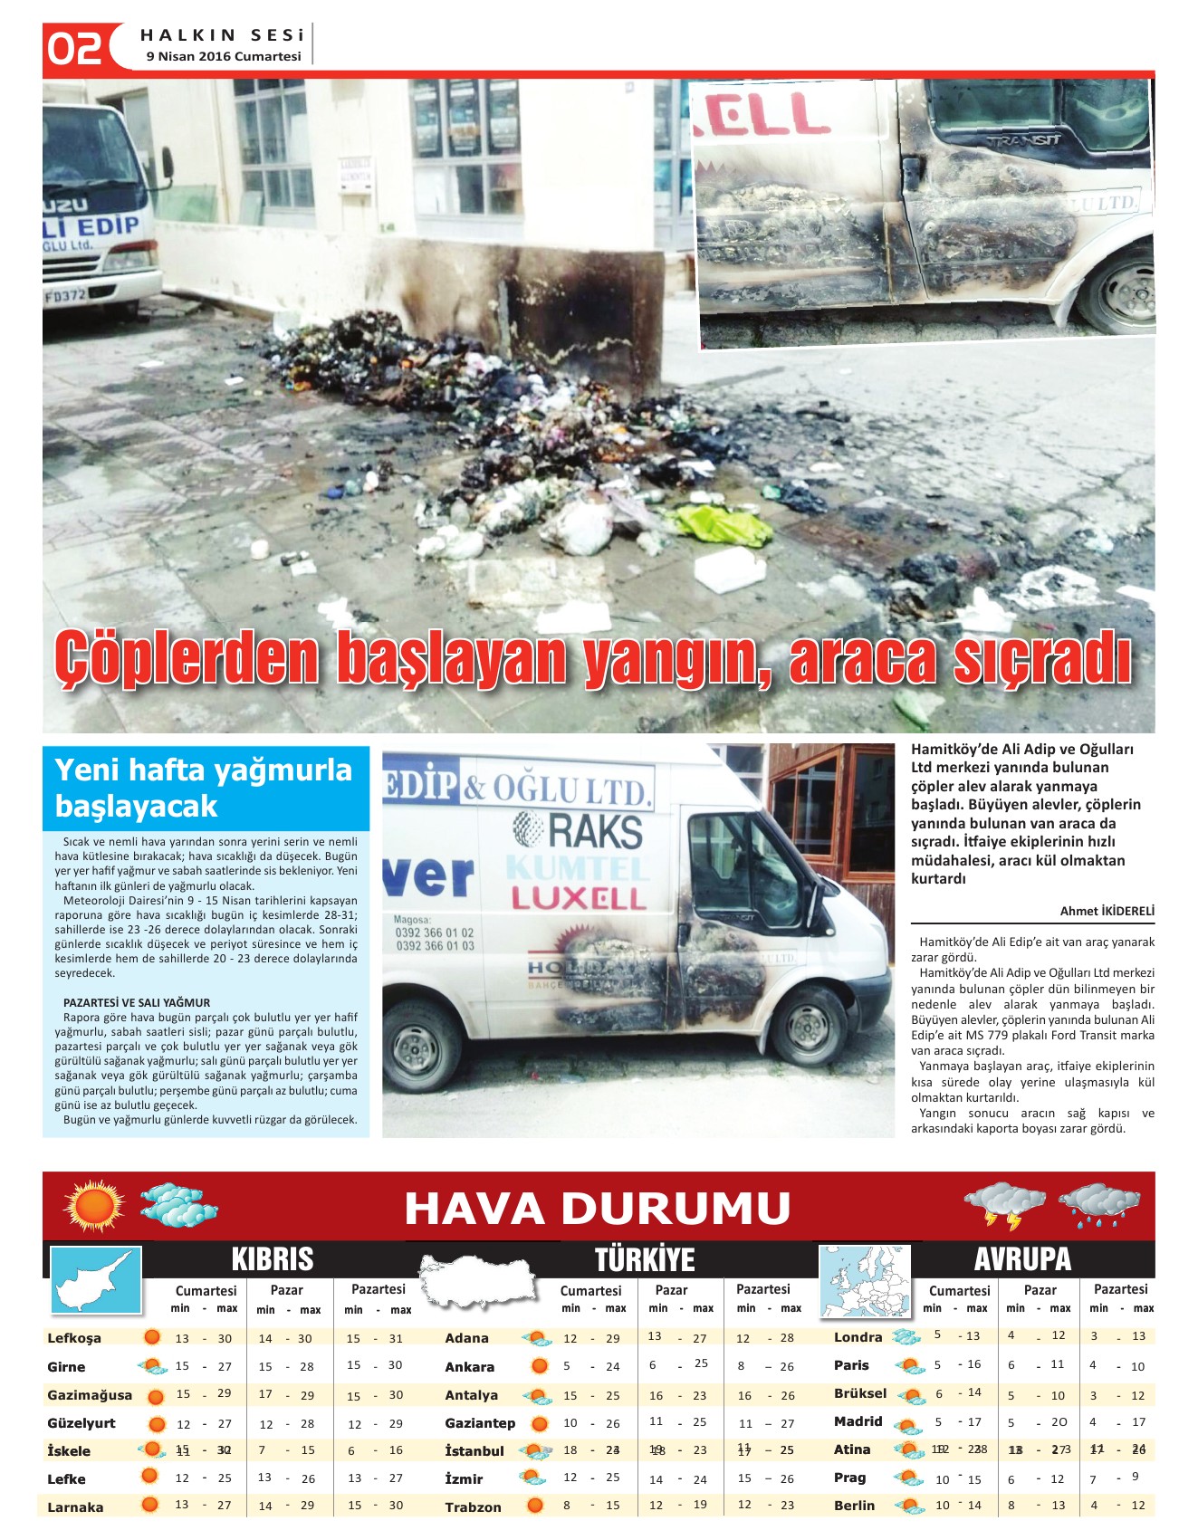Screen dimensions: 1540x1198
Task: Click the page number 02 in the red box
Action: pyautogui.click(x=74, y=48)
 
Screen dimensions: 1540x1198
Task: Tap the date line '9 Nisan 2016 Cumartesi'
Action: pyautogui.click(x=224, y=56)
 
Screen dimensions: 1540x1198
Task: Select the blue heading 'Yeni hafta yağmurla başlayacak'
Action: pyautogui.click(x=204, y=787)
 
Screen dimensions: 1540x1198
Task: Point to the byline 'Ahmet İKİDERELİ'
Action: pyautogui.click(x=1107, y=911)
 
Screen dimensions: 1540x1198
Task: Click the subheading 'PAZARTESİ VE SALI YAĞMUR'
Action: pyautogui.click(x=137, y=1002)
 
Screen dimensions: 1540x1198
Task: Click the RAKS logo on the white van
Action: pyautogui.click(x=580, y=831)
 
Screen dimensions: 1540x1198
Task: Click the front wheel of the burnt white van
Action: pyautogui.click(x=810, y=1025)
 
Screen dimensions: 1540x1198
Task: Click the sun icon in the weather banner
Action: pyautogui.click(x=93, y=1206)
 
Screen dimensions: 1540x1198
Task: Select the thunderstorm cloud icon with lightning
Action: pyautogui.click(x=1005, y=1205)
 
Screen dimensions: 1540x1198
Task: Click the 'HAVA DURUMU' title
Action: pyautogui.click(x=598, y=1209)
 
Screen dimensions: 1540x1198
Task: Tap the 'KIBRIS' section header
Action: pyautogui.click(x=273, y=1259)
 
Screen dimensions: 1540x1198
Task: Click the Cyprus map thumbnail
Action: pyautogui.click(x=95, y=1279)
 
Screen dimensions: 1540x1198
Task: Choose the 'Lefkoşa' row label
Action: pyautogui.click(x=74, y=1338)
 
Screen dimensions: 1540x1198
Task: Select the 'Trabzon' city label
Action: pyautogui.click(x=473, y=1507)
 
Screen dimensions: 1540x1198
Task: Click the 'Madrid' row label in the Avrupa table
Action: pyautogui.click(x=858, y=1421)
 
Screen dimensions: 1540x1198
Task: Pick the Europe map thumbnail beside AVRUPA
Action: pyautogui.click(x=864, y=1280)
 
